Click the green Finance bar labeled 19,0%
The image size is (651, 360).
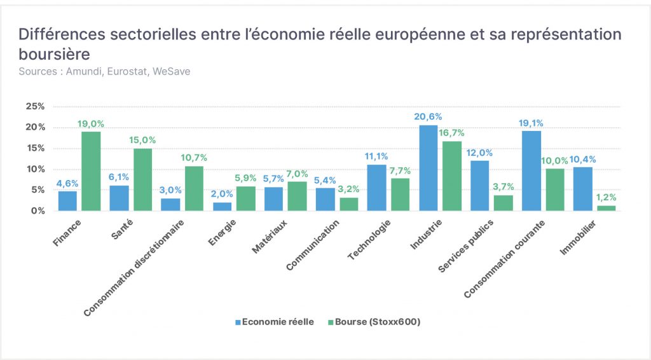tap(91, 171)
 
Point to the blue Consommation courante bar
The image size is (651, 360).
tap(531, 171)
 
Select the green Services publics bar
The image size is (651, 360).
tap(504, 203)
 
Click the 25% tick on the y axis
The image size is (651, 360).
tap(36, 106)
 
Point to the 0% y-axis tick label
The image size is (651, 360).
tap(38, 211)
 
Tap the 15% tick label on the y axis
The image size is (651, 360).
tap(36, 148)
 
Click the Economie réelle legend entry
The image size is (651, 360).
tap(275, 322)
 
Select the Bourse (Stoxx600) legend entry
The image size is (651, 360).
tap(374, 322)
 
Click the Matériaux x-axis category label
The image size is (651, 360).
tap(270, 237)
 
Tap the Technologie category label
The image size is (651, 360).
tap(369, 240)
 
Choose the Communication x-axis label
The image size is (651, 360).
tap(313, 245)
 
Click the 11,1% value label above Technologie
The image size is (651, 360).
tap(376, 156)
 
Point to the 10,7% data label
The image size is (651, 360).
tap(194, 158)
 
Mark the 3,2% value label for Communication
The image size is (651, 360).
tap(348, 190)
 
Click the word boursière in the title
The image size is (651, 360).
tap(55, 54)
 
